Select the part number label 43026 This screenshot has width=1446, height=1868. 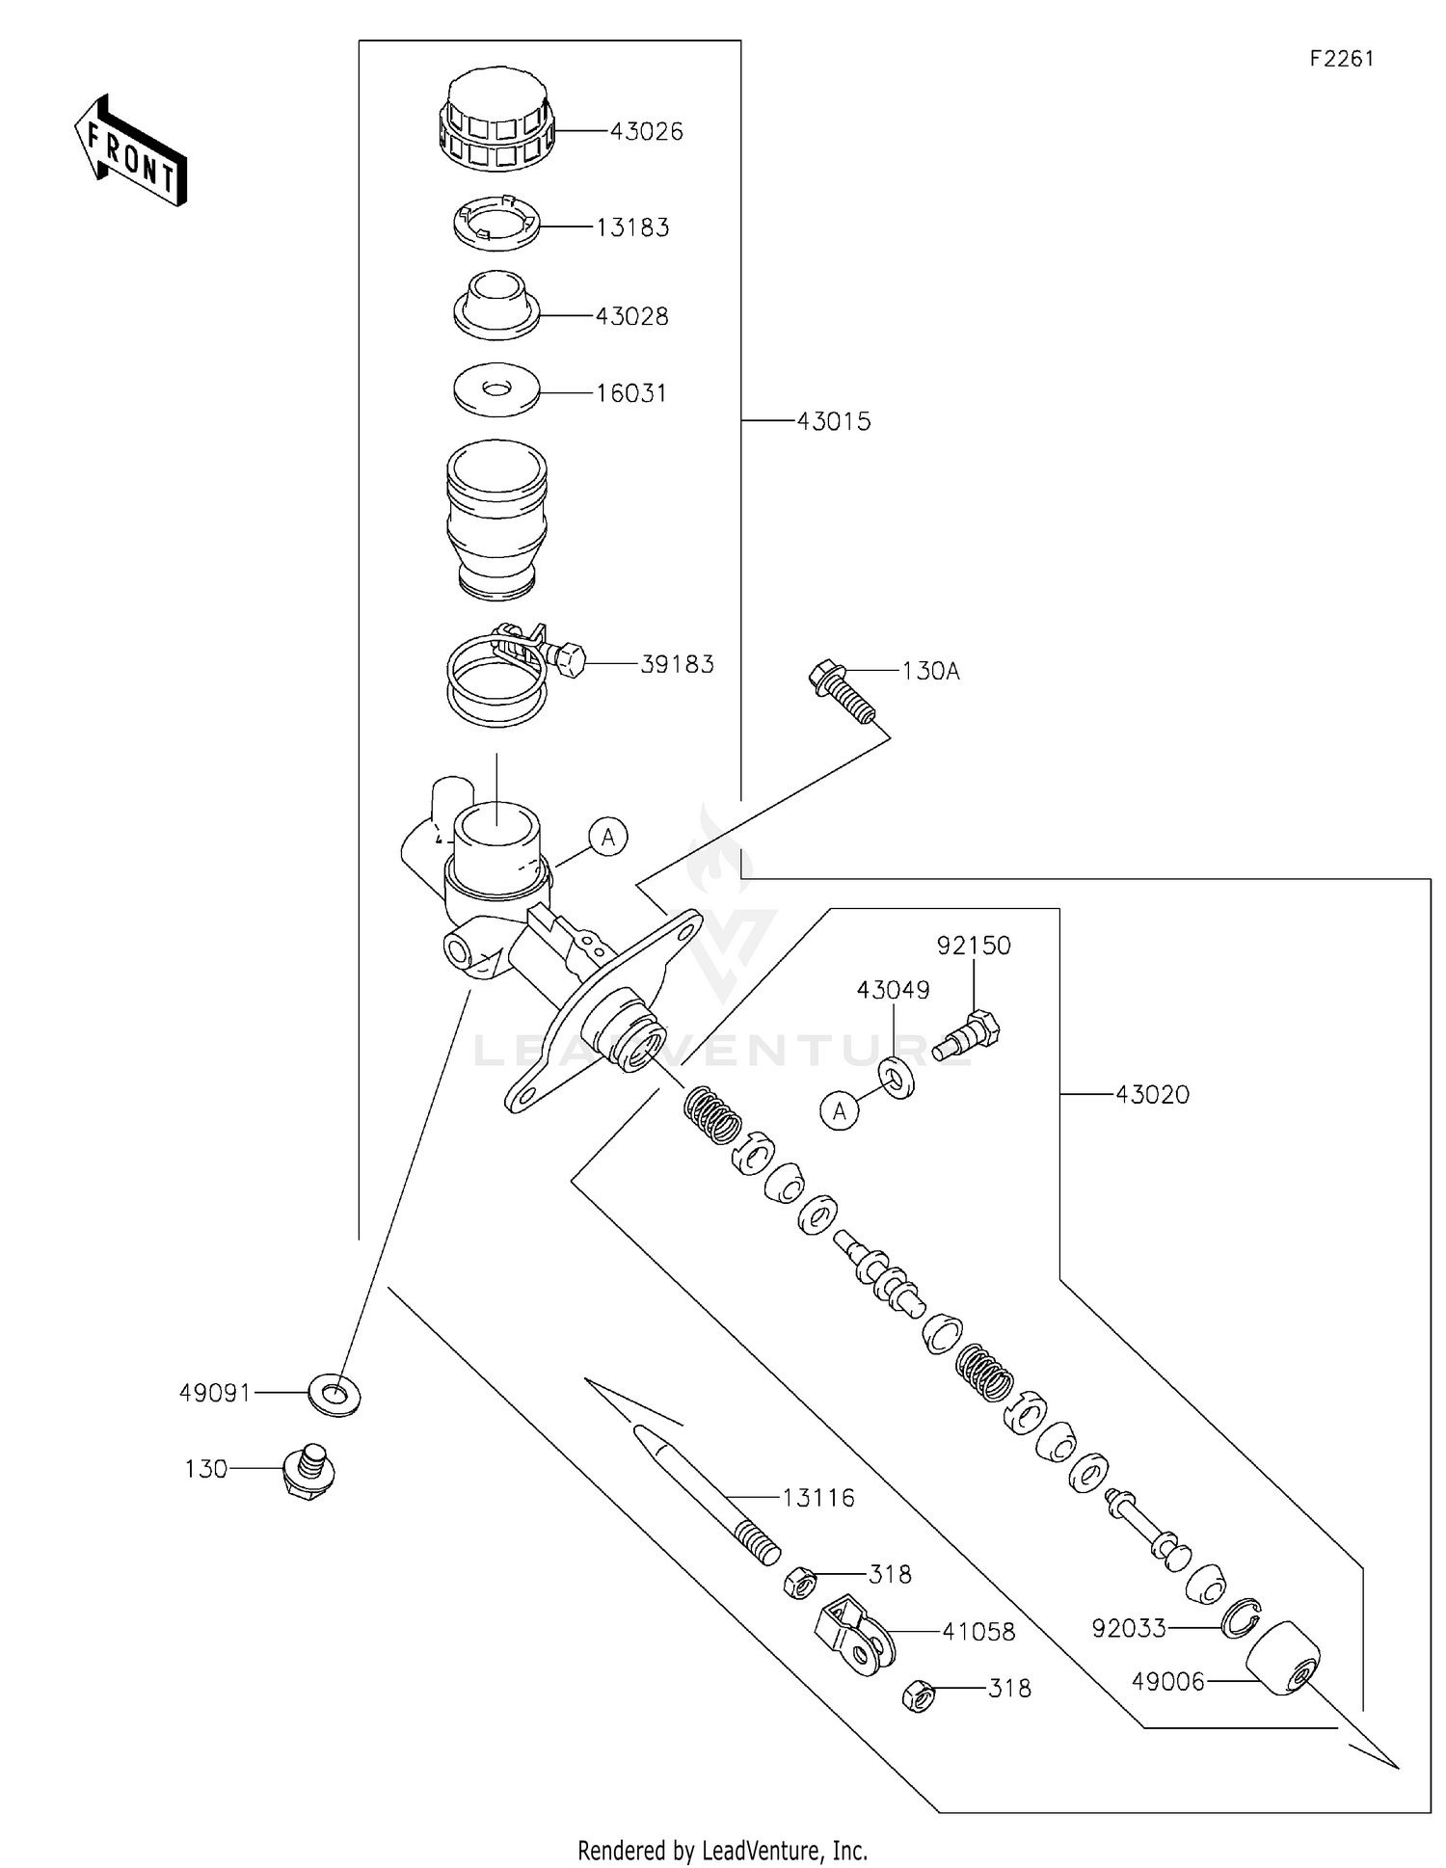(x=646, y=131)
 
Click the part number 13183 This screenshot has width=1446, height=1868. (x=631, y=227)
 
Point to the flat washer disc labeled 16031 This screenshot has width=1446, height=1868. (x=496, y=389)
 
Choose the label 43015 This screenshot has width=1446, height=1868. (x=833, y=421)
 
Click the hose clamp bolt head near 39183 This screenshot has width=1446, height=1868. (x=570, y=661)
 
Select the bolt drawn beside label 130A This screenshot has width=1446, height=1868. (x=842, y=691)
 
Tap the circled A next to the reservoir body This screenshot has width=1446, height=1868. (x=608, y=837)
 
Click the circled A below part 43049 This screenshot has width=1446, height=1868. (x=840, y=1111)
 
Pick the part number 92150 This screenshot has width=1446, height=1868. (x=973, y=946)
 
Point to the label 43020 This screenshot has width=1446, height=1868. (x=1152, y=1094)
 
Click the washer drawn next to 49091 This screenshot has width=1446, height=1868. (x=333, y=1394)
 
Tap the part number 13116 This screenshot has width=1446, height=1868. (x=817, y=1497)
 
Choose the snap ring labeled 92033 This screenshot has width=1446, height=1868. (x=1241, y=1618)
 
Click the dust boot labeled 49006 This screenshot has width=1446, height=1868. (x=1283, y=1658)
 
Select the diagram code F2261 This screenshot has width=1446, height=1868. (x=1341, y=59)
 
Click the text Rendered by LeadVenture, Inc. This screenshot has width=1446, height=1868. (x=722, y=1850)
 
